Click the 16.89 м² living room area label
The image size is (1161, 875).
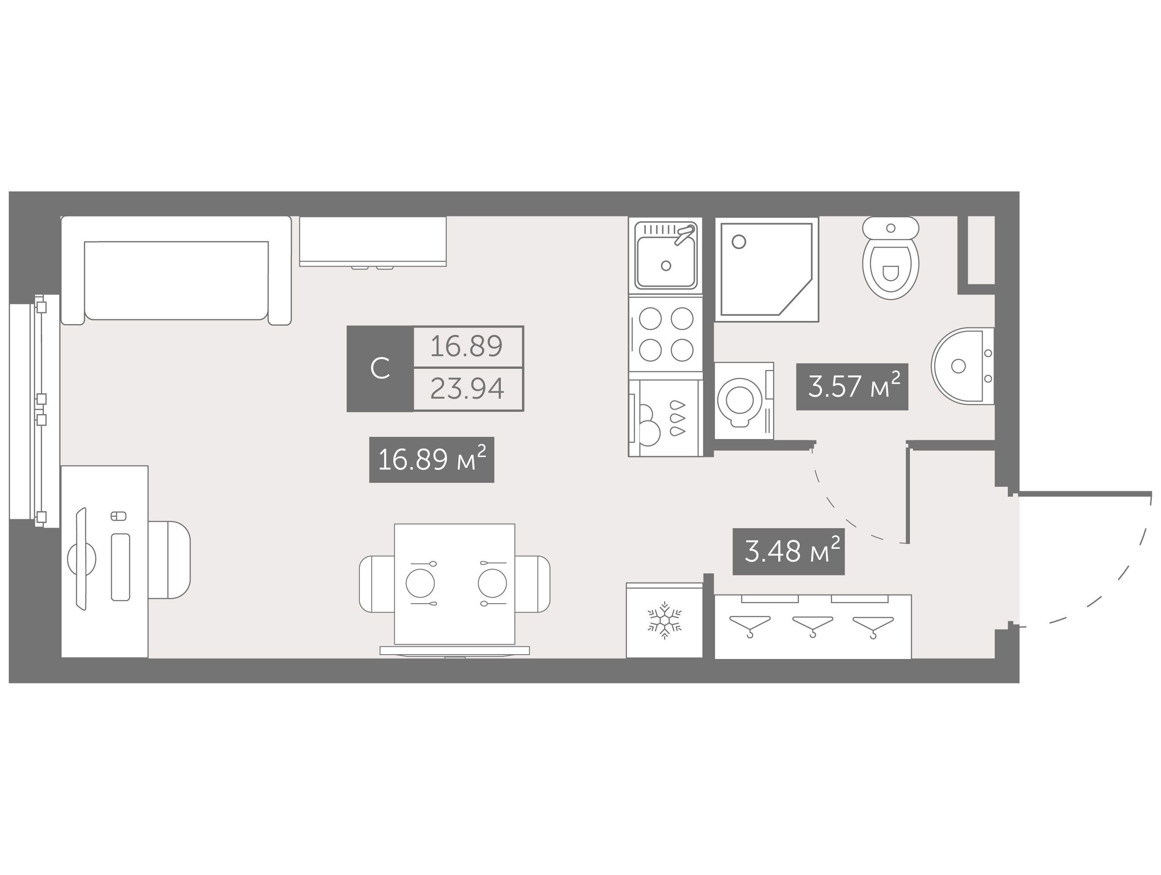click(431, 460)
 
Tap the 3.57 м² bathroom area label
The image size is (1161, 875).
click(852, 386)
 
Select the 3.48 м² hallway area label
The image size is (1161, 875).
click(788, 552)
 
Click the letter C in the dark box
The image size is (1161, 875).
click(380, 368)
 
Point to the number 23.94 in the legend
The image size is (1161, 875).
click(467, 389)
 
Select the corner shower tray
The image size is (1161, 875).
click(767, 269)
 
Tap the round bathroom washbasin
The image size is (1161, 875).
click(963, 366)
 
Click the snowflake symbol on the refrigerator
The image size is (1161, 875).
click(665, 620)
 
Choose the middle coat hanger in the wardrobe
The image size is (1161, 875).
click(812, 626)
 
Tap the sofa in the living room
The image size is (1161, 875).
click(176, 270)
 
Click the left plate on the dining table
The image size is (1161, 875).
click(421, 583)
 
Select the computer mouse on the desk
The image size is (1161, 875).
click(119, 516)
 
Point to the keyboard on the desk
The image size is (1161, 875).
click(120, 567)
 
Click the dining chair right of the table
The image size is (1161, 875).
click(533, 583)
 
